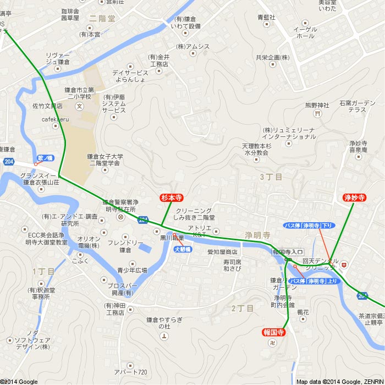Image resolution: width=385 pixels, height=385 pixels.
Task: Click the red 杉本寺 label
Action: (x=172, y=197)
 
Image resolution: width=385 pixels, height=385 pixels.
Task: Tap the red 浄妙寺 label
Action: (x=354, y=197)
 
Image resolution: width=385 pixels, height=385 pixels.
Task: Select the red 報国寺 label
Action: (x=273, y=332)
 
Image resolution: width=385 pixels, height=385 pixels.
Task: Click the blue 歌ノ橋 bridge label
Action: (x=45, y=158)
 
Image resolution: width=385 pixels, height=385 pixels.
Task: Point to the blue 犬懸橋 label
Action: (x=183, y=249)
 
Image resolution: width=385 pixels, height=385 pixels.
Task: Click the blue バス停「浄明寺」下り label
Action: (x=309, y=226)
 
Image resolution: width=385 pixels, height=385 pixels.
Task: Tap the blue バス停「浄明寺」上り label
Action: (x=314, y=281)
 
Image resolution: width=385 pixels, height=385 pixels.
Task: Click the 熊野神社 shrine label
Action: (x=317, y=105)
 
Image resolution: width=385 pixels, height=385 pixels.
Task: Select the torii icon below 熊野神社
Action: (x=317, y=114)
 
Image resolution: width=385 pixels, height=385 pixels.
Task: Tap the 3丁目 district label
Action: (x=271, y=177)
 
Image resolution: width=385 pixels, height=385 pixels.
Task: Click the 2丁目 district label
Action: (x=242, y=308)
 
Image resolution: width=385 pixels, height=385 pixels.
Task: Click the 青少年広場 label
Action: (x=132, y=270)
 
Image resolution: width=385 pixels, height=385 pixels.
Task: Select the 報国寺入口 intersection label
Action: (x=288, y=251)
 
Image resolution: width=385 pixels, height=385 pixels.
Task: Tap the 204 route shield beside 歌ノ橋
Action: (x=8, y=162)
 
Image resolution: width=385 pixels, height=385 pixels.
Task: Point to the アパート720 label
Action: (x=131, y=372)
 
